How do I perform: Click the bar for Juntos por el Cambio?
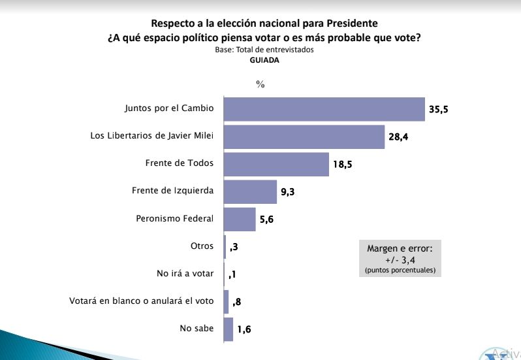click(x=324, y=109)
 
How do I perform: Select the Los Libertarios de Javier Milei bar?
click(x=304, y=137)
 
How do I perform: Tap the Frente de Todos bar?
click(x=276, y=164)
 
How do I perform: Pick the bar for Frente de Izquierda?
click(x=251, y=191)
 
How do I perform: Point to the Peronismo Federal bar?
click(x=240, y=219)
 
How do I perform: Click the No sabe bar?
click(x=229, y=329)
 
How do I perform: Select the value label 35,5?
click(x=438, y=109)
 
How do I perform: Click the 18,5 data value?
click(x=343, y=165)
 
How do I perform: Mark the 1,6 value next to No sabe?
click(x=244, y=329)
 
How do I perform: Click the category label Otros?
click(x=202, y=246)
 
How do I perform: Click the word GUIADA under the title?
click(x=264, y=59)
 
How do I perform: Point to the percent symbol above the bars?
click(x=260, y=84)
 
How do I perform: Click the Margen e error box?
click(x=400, y=257)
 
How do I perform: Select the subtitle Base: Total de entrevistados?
click(x=264, y=50)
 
